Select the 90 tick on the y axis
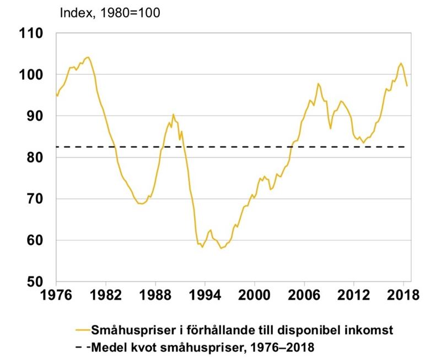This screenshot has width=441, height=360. pyautogui.click(x=33, y=116)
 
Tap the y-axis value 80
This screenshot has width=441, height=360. pyautogui.click(x=33, y=158)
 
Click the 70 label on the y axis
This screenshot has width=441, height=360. pyautogui.click(x=33, y=199)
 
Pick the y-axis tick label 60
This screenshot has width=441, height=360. pyautogui.click(x=33, y=240)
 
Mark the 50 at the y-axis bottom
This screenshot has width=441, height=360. pyautogui.click(x=33, y=282)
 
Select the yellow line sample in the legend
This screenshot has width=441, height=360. pyautogui.click(x=83, y=330)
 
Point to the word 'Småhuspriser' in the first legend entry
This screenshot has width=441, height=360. pyautogui.click(x=130, y=330)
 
